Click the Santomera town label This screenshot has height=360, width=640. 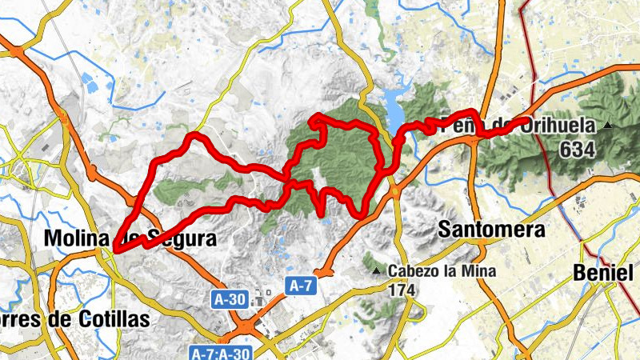(x=492, y=230)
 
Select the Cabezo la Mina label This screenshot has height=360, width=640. (x=442, y=271)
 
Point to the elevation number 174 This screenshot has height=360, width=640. (x=402, y=291)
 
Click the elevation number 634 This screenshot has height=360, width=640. (x=578, y=149)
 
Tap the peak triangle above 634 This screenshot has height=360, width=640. (x=609, y=126)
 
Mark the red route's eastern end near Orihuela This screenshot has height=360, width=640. (x=526, y=121)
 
